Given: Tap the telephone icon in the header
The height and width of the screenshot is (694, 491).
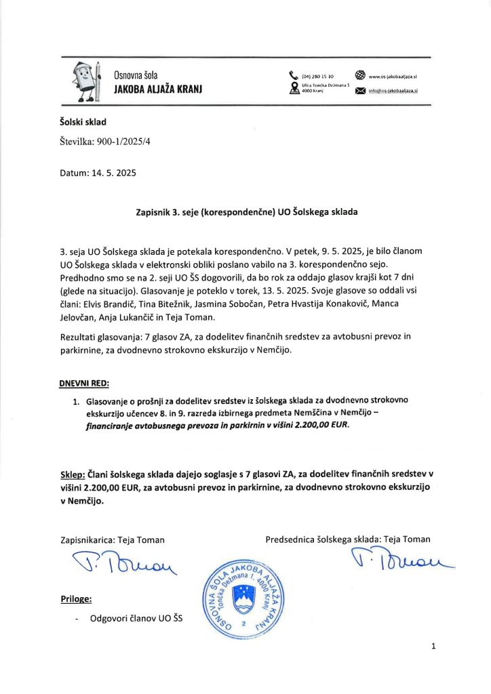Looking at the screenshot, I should [293, 76].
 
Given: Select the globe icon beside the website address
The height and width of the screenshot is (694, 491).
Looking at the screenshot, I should [360, 76].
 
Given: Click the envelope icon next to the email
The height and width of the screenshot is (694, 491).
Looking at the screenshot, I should [360, 91].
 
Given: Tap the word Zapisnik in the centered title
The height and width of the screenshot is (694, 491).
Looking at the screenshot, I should [157, 212].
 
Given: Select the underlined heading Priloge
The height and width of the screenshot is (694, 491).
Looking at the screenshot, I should [75, 599].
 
